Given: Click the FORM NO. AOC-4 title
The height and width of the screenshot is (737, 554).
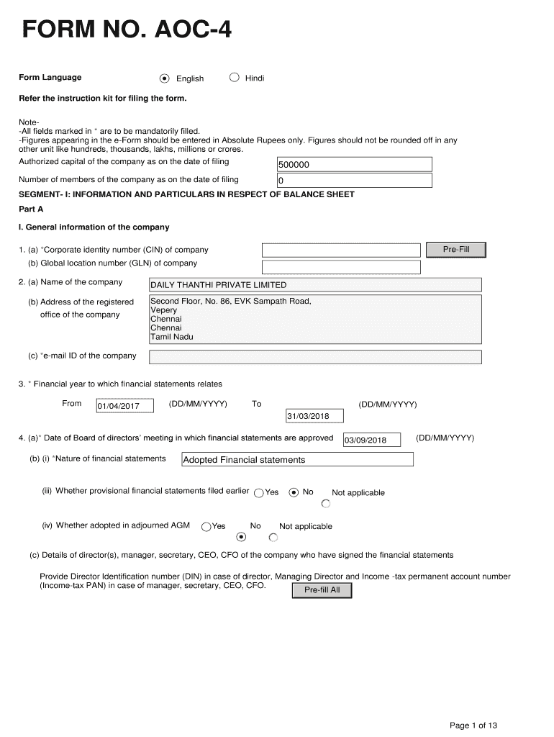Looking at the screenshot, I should coord(127,31).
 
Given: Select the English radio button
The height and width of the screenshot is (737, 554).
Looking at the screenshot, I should coord(165,78).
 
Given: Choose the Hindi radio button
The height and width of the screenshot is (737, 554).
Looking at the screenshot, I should coord(234,78).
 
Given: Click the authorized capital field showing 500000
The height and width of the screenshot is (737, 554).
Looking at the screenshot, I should coord(354,165).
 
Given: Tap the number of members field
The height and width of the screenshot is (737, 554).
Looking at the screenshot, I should coord(354,181).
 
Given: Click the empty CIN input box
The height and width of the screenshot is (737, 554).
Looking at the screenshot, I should coord(340,250).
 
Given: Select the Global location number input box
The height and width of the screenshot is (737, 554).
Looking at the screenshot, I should coord(340,267).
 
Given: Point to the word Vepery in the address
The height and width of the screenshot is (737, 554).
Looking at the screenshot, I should coord(163,310).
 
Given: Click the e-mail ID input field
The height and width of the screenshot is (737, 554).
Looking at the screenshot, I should coord(314,357).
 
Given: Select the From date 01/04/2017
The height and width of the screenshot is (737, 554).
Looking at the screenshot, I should coord(124,407).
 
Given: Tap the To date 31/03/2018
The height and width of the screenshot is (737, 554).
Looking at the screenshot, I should coord(314,416).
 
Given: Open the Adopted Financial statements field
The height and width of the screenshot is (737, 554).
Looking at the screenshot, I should coord(297,460).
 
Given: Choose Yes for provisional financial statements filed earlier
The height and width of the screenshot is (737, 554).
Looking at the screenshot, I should coord(259,493).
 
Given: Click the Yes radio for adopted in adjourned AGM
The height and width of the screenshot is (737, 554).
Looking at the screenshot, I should coord(206,527).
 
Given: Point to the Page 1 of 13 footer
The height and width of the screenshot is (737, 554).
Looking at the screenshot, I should coord(473,725).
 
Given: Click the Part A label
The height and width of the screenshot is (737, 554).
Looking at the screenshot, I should coord(31,209).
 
